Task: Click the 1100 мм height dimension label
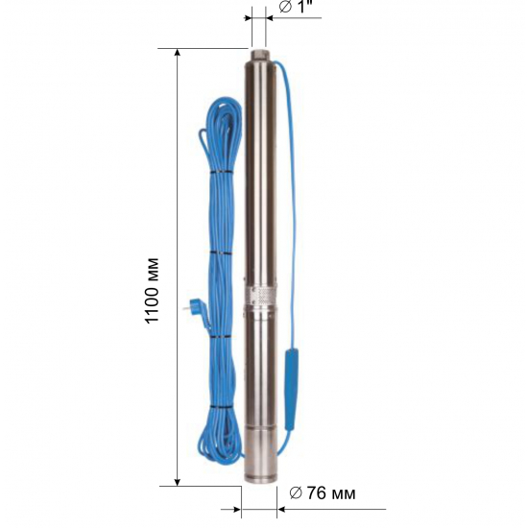coord(152,291)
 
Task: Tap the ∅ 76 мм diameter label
coord(323,493)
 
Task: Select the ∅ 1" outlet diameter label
coord(296,7)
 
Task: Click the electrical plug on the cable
coord(195,308)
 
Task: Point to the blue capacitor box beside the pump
coord(291,390)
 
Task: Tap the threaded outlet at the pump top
coord(259,54)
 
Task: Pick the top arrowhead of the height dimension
coord(178,53)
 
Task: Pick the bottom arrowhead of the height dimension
coord(178,482)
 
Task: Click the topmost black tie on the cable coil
coord(222,173)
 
